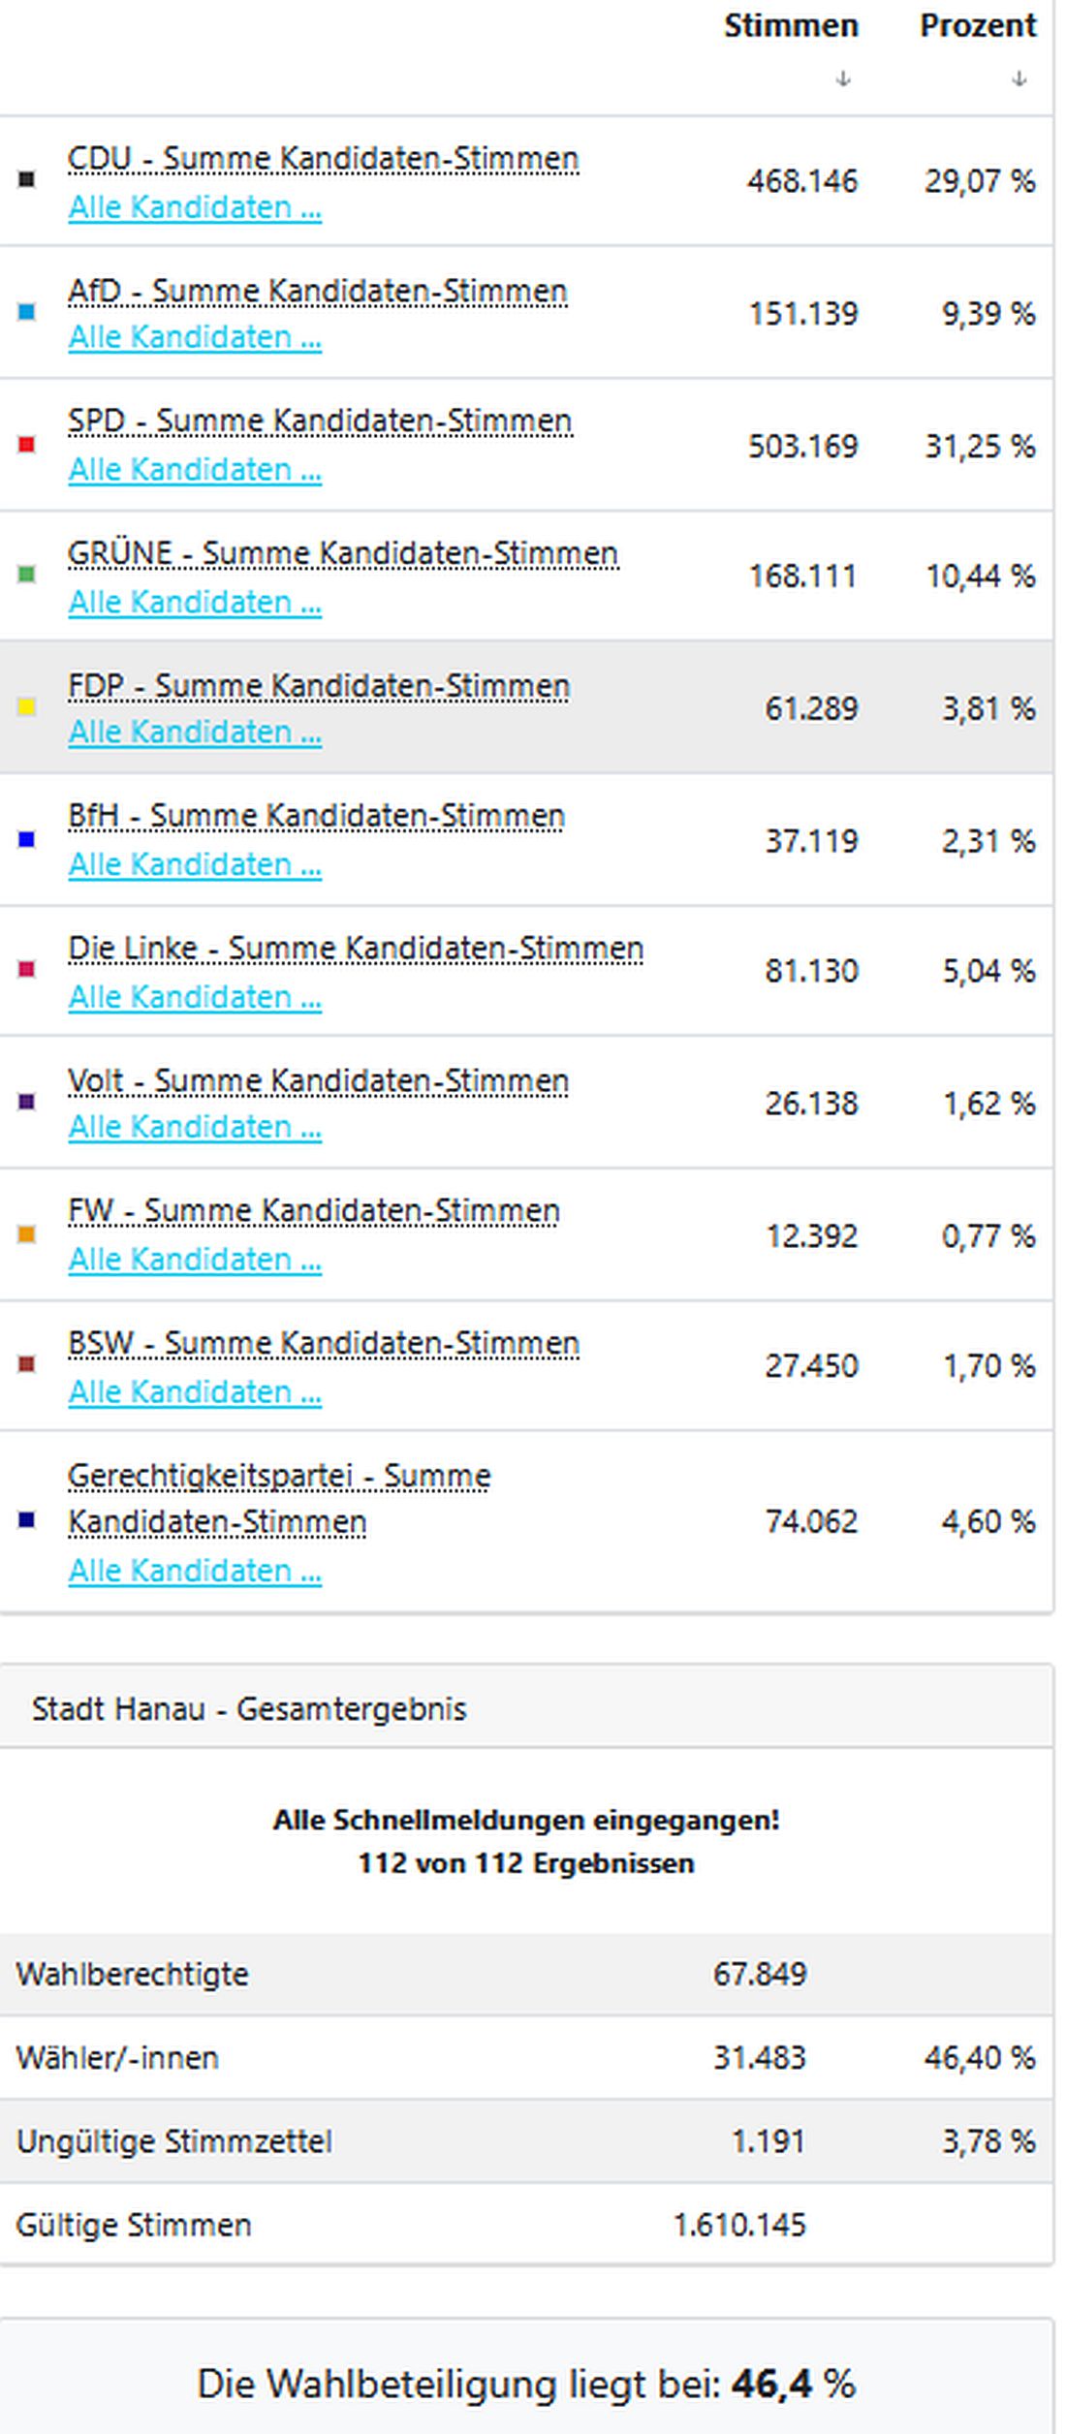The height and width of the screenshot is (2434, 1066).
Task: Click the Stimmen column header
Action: pos(791,26)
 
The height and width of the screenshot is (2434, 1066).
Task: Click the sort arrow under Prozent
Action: pos(1019,78)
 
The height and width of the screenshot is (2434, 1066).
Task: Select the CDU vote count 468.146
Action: pos(801,181)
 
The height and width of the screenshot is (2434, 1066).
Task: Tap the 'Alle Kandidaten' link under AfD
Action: pos(194,337)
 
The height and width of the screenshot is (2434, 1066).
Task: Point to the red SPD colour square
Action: pos(27,445)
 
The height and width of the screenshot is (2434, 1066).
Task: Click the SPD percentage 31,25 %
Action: pos(979,446)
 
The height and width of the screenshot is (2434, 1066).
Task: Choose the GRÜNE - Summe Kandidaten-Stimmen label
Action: pos(342,553)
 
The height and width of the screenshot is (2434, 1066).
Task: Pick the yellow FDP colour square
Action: pos(27,707)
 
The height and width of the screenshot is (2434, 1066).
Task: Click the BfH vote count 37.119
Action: pos(811,840)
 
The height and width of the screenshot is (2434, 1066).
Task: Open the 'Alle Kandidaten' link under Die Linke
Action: pos(194,997)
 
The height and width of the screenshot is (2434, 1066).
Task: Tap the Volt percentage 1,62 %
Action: pos(988,1103)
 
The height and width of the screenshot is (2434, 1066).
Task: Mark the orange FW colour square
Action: pos(27,1234)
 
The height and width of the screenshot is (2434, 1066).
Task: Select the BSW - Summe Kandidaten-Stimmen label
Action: pos(323,1343)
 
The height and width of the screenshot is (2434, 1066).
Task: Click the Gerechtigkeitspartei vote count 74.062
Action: pos(811,1521)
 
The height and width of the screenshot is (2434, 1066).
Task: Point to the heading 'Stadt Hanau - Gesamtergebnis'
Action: pos(249,1708)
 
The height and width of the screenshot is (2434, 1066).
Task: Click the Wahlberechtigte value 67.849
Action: pos(759,1974)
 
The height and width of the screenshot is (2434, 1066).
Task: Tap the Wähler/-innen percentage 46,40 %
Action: pos(979,2057)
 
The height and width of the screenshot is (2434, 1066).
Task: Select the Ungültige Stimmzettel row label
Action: pos(174,2140)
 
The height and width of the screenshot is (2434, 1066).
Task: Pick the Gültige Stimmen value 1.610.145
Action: pos(739,2225)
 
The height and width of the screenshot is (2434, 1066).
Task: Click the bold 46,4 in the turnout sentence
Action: pos(771,2384)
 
